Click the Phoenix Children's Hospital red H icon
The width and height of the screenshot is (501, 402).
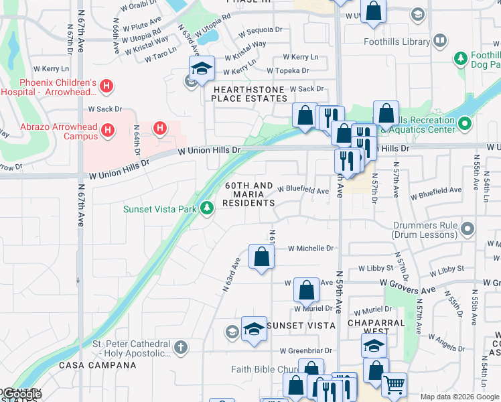click(106, 86)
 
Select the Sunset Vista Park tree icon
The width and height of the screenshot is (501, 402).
click(207, 208)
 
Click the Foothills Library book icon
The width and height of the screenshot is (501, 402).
click(440, 42)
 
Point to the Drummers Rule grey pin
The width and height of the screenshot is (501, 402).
click(468, 229)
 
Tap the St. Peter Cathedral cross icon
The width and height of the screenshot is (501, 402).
click(180, 347)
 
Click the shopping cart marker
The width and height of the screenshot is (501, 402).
click(395, 383)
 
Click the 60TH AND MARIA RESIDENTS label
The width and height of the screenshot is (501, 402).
click(248, 194)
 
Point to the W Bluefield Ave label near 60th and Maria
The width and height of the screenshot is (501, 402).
click(303, 191)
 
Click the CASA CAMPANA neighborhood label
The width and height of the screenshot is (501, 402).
click(98, 365)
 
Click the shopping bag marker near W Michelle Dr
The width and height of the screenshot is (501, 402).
click(261, 256)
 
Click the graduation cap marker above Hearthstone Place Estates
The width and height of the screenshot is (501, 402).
click(201, 68)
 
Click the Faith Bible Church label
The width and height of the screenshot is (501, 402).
click(265, 369)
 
